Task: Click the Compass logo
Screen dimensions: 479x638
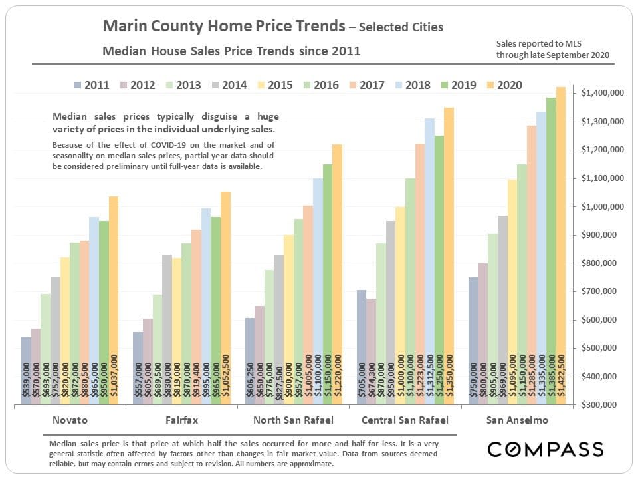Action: tap(545, 449)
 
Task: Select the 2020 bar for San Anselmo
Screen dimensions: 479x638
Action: tap(560, 246)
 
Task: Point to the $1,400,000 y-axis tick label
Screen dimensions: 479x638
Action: tap(602, 94)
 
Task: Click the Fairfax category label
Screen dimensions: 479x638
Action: tap(181, 420)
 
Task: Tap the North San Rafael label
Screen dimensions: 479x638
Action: tap(292, 420)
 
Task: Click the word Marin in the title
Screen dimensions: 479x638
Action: tap(122, 27)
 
